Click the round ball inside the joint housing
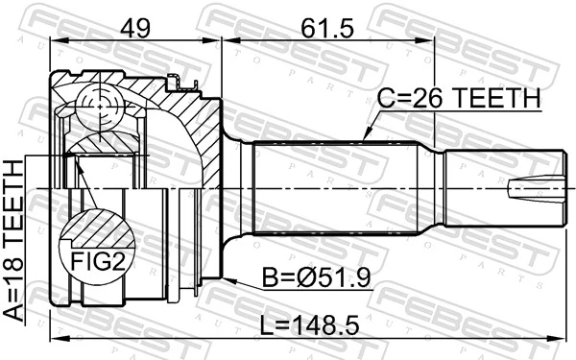pyautogui.click(x=101, y=103)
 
